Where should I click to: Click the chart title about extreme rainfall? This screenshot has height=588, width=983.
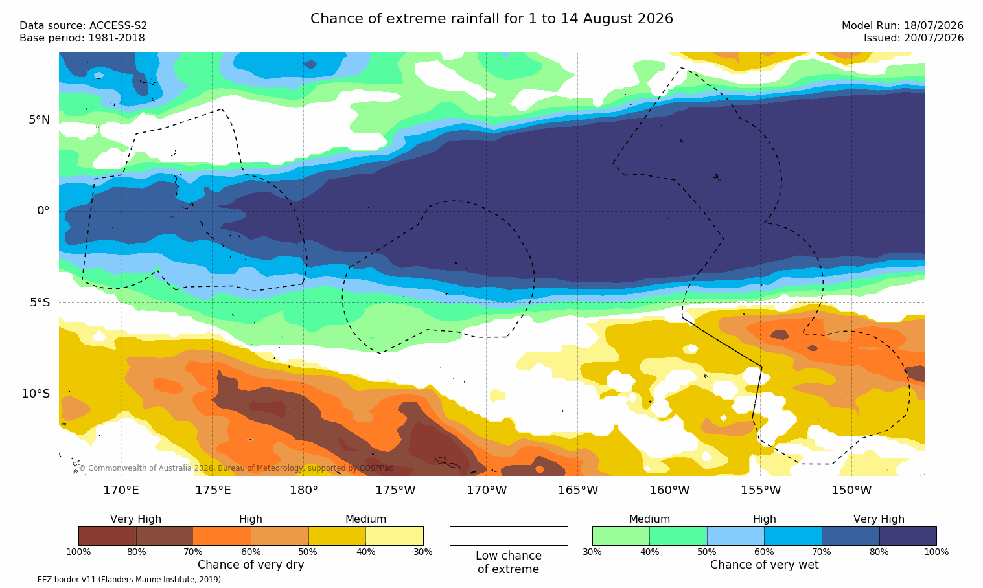(x=491, y=19)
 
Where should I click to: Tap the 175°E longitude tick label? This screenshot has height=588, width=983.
(x=213, y=490)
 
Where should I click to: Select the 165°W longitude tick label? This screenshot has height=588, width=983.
(x=578, y=490)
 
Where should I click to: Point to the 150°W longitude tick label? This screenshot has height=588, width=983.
(x=851, y=490)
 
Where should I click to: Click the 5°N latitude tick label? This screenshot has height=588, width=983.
(x=40, y=120)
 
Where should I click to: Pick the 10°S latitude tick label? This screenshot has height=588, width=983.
(x=36, y=394)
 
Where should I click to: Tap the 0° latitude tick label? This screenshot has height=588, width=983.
(x=43, y=211)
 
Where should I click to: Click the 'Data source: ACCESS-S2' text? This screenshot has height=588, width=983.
(x=84, y=26)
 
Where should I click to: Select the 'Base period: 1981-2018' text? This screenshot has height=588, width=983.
(x=82, y=38)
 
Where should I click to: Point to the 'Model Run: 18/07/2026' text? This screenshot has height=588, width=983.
(x=902, y=26)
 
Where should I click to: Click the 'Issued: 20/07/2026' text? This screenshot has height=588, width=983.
(x=914, y=38)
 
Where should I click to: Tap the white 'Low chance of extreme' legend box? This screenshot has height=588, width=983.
(x=509, y=536)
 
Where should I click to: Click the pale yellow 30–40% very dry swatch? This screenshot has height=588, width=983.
(x=395, y=536)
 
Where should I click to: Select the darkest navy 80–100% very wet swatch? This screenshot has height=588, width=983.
(x=908, y=536)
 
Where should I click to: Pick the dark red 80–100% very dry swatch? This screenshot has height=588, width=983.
(x=108, y=536)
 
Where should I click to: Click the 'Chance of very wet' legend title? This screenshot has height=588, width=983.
(x=764, y=565)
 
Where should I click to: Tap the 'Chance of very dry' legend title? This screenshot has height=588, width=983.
(x=251, y=565)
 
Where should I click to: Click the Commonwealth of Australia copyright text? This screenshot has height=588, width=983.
(x=236, y=468)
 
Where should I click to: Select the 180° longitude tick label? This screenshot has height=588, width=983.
(x=304, y=490)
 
